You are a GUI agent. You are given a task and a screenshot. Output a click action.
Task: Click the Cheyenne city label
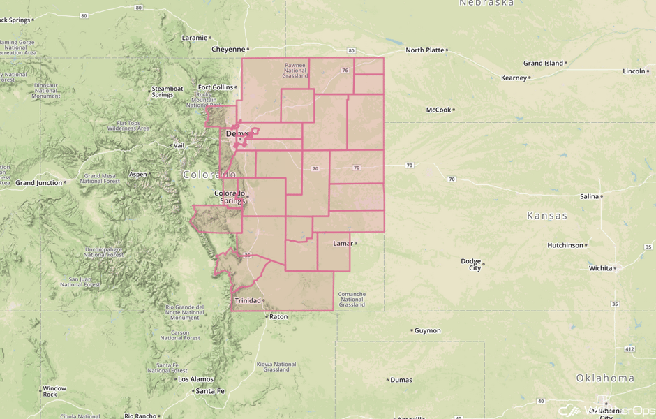(228, 50)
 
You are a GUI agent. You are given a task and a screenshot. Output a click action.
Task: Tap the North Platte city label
(424, 50)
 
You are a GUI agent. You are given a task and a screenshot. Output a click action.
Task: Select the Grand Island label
(543, 64)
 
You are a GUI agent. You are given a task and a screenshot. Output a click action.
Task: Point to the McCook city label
(439, 110)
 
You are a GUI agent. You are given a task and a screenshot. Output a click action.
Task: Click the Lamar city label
(343, 244)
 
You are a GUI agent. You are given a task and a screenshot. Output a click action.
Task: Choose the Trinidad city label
(247, 301)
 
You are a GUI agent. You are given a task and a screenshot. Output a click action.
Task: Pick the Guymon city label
(428, 331)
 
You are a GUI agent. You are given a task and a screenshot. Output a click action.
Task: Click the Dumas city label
(401, 381)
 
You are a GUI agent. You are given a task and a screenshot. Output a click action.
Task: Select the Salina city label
(589, 197)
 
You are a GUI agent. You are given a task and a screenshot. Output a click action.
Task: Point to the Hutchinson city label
(565, 246)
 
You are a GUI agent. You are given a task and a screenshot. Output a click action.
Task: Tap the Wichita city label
(600, 268)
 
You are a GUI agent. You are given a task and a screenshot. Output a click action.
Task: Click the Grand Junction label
(38, 183)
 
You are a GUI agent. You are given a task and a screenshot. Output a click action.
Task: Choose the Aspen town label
(137, 175)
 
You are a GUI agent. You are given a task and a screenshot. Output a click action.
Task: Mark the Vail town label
(179, 145)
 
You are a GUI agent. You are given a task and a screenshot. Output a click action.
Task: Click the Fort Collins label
(214, 87)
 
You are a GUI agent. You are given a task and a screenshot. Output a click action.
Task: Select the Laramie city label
(194, 38)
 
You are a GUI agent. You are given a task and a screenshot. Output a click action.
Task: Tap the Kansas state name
(547, 216)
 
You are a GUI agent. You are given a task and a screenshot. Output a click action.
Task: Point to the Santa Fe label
(210, 391)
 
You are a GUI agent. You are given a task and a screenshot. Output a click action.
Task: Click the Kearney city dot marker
(530, 78)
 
